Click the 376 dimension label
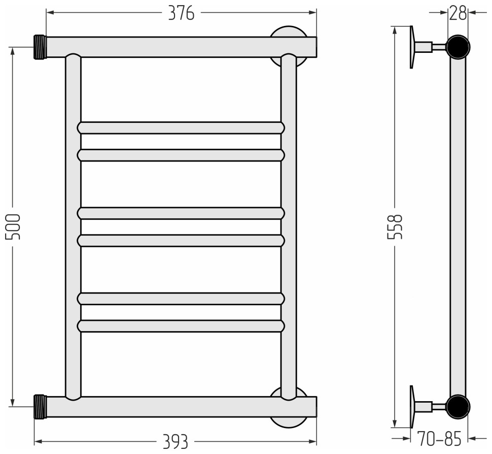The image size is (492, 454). point(181,13)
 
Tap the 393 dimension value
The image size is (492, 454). point(175,442)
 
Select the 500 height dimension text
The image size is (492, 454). point(13,227)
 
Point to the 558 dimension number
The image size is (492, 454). point(395,227)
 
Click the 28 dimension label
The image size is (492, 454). point(458,14)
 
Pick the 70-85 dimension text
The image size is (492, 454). point(439,439)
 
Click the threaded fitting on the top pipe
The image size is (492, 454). point(40,47)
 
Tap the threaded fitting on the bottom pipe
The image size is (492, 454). point(40,407)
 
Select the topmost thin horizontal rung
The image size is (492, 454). point(181,128)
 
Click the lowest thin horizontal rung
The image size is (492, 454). point(181,326)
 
